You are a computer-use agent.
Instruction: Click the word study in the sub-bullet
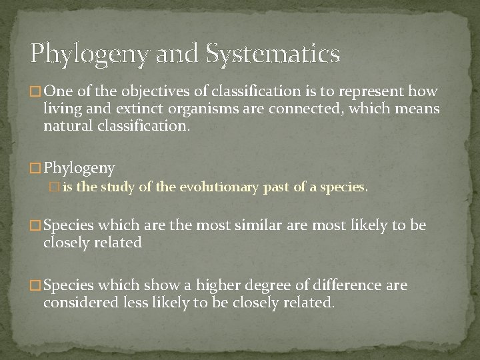(x=113, y=188)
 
